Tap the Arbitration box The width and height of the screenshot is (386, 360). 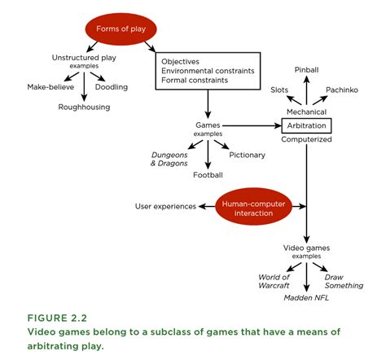tap(306, 125)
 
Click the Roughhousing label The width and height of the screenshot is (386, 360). tap(84, 107)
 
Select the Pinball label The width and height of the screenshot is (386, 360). tap(306, 70)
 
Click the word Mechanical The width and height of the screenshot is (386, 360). tap(306, 112)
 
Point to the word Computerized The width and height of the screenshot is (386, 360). tap(306, 139)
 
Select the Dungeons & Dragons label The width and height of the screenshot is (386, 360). tap(169, 158)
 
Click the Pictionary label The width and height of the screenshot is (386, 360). tap(247, 154)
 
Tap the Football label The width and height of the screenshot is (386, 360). tap(208, 174)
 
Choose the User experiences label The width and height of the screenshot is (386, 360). tap(165, 206)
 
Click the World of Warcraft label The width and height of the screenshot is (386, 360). tap(274, 282)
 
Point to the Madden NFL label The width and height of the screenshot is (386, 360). tap(306, 297)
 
